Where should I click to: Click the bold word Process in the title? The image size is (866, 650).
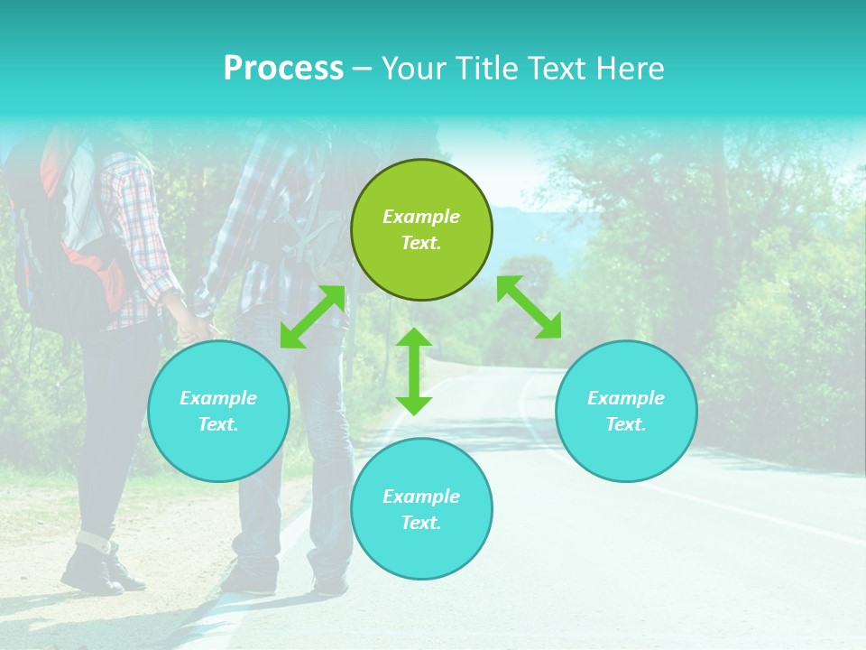click(x=283, y=69)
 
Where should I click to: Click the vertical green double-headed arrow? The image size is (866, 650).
click(x=414, y=371)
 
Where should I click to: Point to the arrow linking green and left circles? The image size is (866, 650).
click(x=313, y=316)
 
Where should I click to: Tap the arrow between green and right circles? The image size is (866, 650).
click(x=529, y=307)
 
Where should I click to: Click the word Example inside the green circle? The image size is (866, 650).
click(x=421, y=217)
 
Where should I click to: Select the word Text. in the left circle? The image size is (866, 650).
click(x=218, y=424)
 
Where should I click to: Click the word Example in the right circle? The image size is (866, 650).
click(x=626, y=398)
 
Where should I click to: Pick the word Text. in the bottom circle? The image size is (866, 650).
click(x=421, y=523)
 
